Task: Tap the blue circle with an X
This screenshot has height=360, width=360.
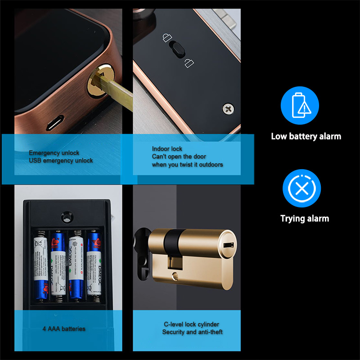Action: coord(301,188)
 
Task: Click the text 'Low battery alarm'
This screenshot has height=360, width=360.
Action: coord(306,136)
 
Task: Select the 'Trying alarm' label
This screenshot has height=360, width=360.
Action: coord(305,219)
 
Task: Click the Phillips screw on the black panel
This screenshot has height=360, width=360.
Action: coord(228,108)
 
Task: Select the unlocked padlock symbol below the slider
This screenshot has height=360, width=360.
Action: coord(189,63)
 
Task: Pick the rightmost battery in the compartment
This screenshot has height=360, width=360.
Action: coord(94,265)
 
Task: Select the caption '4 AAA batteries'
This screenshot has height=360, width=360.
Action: coord(64,329)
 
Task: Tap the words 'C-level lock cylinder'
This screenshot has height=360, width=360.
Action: coord(191,324)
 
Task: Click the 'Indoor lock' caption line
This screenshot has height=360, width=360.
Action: coord(167,149)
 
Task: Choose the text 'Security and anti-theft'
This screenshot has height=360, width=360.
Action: coord(192,332)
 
